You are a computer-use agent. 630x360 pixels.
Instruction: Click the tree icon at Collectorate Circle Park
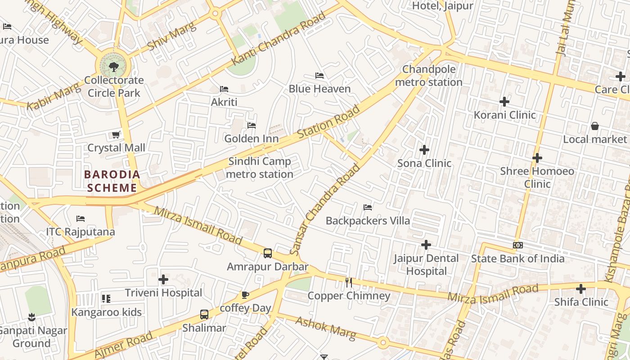coord(113,67)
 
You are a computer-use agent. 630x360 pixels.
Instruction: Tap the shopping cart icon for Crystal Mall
coord(116,135)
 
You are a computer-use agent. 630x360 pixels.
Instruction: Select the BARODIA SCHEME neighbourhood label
coord(112,181)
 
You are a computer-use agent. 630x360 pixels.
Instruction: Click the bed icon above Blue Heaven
coord(319,76)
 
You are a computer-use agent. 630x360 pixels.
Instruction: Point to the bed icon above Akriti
coord(224,89)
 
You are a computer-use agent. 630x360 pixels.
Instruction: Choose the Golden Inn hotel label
coord(252,139)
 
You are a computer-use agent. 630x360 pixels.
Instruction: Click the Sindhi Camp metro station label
coord(260,167)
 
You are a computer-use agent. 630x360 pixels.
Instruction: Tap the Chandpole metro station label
coord(428,76)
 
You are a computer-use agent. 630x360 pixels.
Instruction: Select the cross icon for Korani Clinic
coord(504,102)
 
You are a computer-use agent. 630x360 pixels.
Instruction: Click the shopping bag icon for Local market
coord(594,126)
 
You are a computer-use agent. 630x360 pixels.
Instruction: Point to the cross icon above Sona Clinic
coord(424,150)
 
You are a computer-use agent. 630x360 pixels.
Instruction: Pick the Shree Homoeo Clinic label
coord(537,177)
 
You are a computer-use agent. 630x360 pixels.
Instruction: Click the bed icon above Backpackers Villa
coord(368,207)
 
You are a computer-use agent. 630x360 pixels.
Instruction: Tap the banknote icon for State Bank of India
coord(517,245)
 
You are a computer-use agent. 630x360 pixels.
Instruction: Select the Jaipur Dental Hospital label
coord(426,265)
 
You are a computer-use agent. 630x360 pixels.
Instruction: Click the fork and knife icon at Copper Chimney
coord(349,283)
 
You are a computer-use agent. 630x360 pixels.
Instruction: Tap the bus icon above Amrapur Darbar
coord(268,253)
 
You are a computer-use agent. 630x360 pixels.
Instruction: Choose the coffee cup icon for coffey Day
coord(245,295)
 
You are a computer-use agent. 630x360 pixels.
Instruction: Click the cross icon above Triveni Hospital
coord(163,280)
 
